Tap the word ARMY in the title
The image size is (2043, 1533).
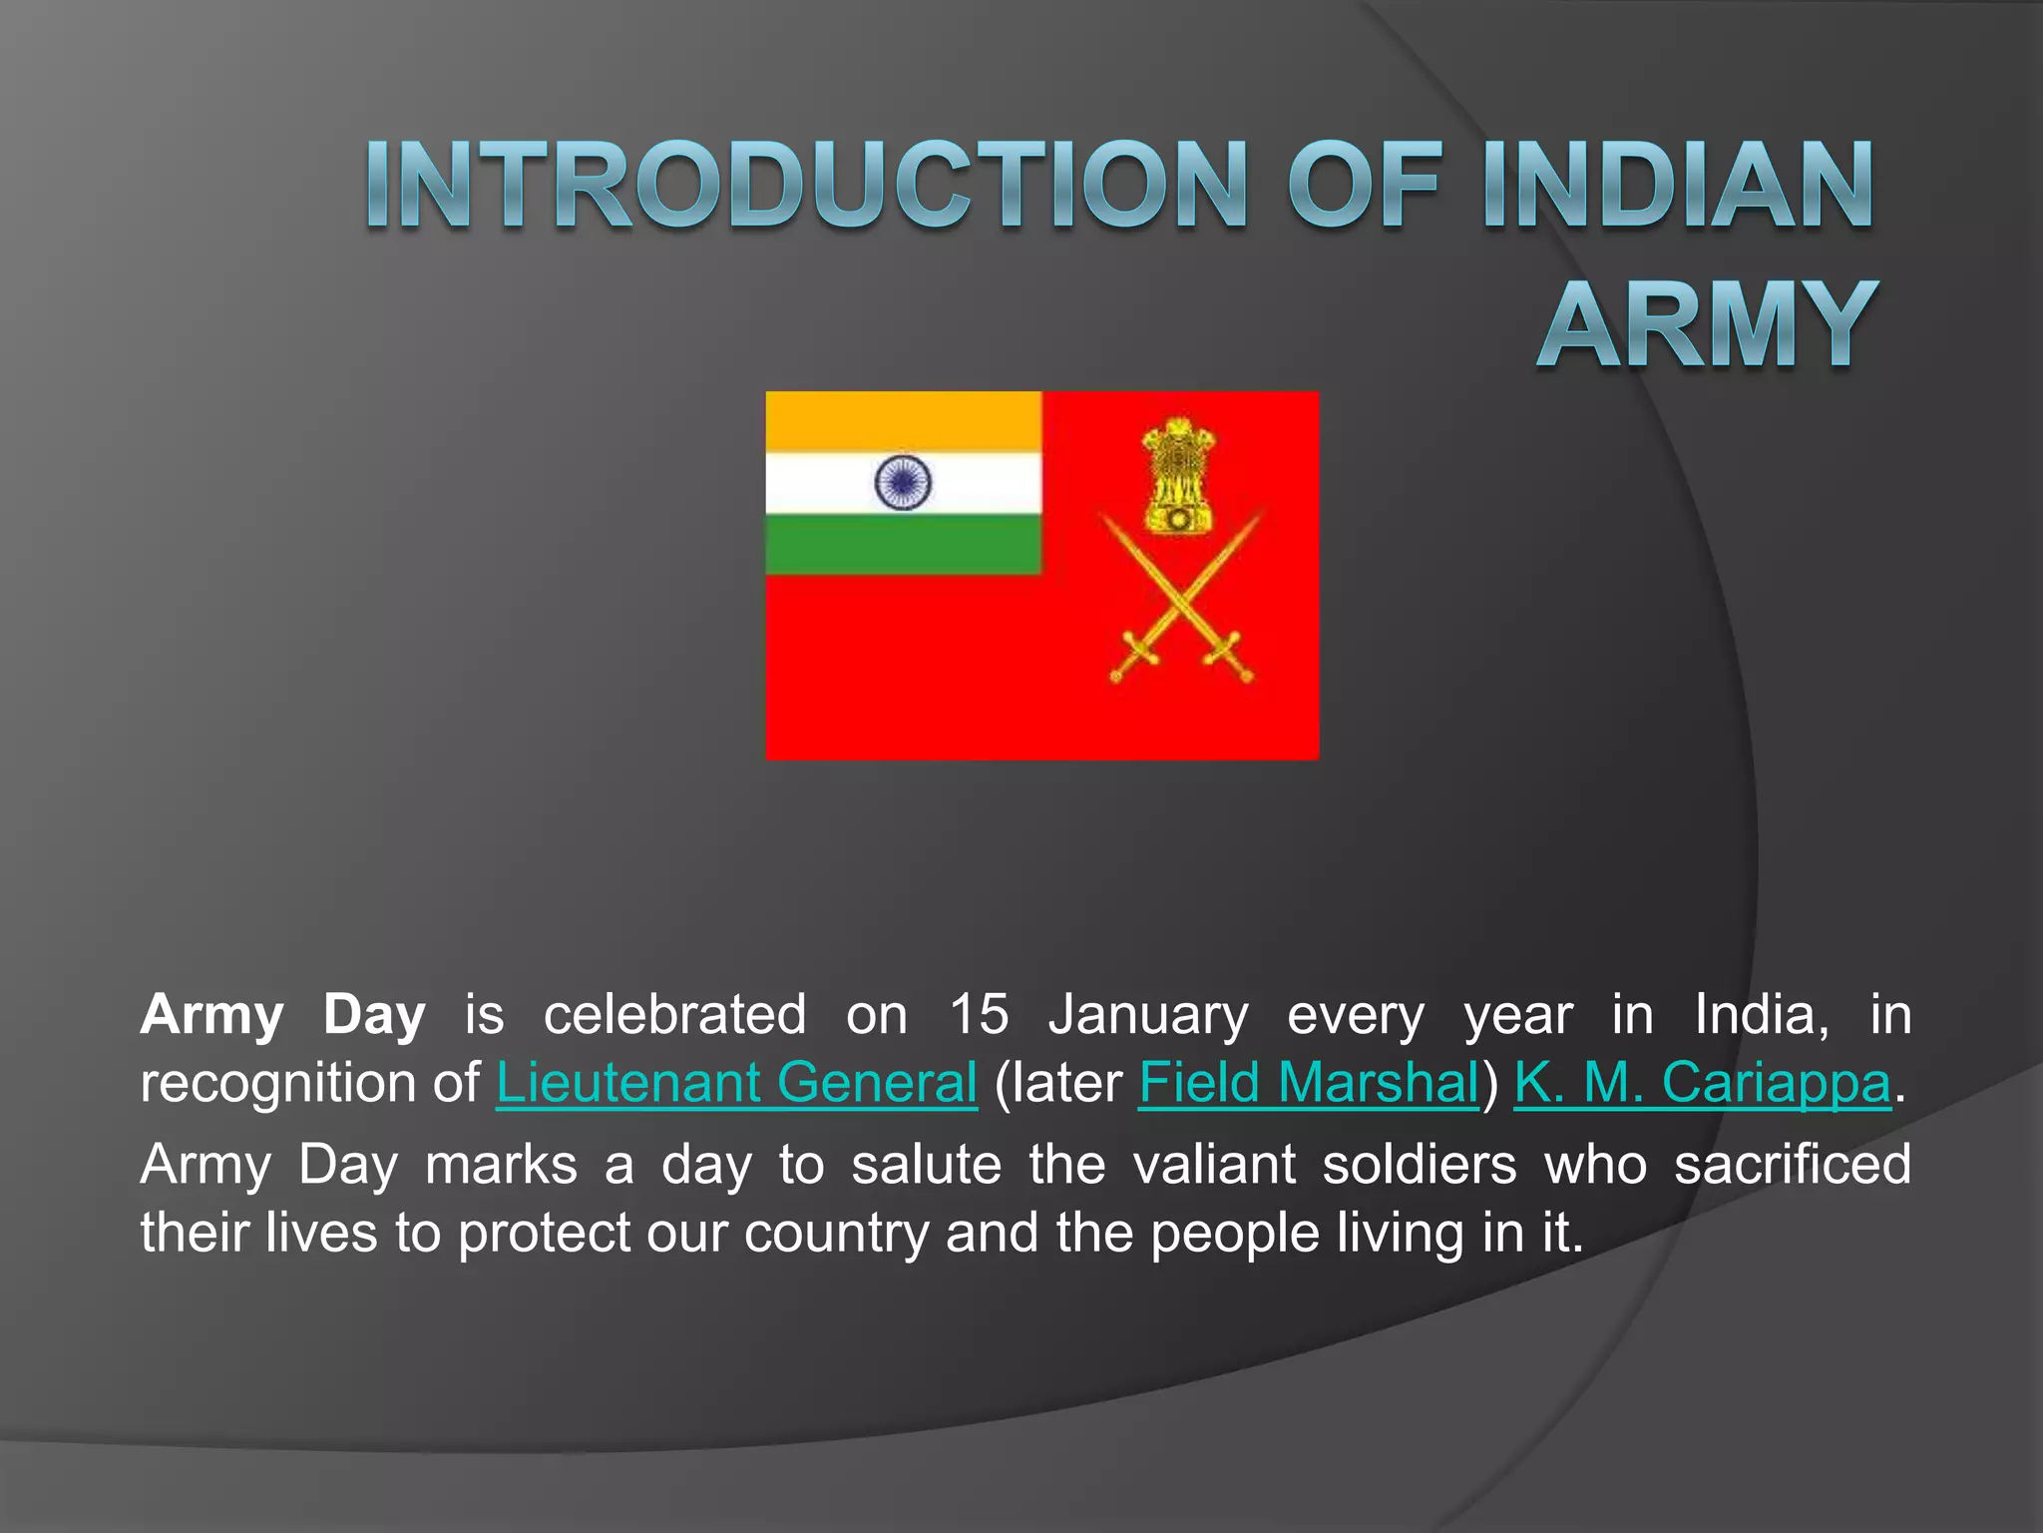pos(1707,325)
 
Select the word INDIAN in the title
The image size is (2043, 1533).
pos(1677,186)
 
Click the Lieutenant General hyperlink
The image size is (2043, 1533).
pos(736,1083)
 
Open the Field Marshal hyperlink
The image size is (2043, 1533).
pos(1308,1083)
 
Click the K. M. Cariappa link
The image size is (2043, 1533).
pos(1702,1083)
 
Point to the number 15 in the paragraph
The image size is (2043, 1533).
pos(979,1015)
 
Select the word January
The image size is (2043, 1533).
pos(1147,1015)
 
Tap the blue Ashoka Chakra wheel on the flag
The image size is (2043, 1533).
pos(902,482)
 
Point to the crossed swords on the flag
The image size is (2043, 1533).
pos(1181,599)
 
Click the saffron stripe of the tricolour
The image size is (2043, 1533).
pos(903,421)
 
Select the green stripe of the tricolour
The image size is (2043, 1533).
pos(903,545)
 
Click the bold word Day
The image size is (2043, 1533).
pos(374,1015)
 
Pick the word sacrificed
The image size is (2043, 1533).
pos(1792,1165)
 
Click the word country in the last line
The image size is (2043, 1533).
pos(836,1234)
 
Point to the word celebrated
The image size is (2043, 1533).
pos(674,1015)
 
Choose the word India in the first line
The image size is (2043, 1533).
pos(1761,1015)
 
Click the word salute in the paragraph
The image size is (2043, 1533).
pos(926,1165)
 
